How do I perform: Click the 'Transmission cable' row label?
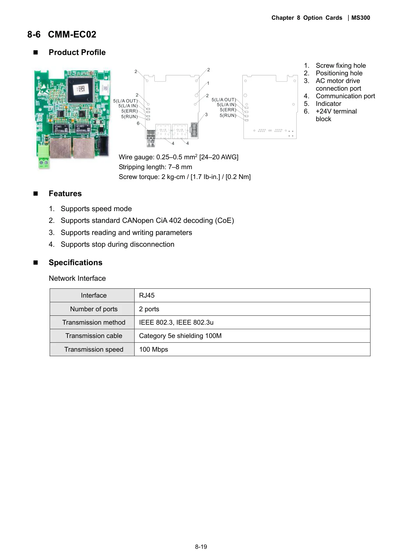coord(94,336)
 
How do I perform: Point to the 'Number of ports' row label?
coord(94,309)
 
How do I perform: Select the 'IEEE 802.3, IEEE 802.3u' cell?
coord(176,322)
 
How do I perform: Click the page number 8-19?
coord(201,547)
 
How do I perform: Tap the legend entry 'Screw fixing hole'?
coord(341,65)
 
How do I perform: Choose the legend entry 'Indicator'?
coord(328,104)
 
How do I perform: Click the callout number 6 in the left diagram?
coord(138,123)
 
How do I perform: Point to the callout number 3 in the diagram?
coord(206,114)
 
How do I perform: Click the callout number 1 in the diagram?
coord(208,83)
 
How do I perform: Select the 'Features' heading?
coord(65,194)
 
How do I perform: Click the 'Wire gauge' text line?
coord(179,157)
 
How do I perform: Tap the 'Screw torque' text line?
coord(185,177)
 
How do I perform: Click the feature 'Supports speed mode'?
coord(96,209)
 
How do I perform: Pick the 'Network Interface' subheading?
coord(77,278)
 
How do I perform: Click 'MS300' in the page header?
coord(361,18)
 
